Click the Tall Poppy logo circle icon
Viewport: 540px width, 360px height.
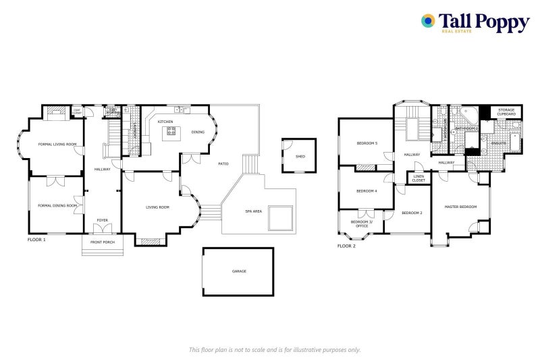(428, 21)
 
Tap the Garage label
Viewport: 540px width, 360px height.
(239, 272)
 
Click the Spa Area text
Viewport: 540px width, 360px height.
(254, 212)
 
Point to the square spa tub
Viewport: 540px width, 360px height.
(280, 217)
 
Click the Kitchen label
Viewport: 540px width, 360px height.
(165, 122)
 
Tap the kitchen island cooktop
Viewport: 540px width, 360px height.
(170, 132)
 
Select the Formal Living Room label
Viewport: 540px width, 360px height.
(57, 144)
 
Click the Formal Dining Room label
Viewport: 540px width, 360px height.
(57, 205)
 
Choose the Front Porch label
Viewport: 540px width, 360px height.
(103, 242)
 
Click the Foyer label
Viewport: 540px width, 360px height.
(102, 220)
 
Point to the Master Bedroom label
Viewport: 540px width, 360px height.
(460, 207)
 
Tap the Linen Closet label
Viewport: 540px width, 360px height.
(418, 178)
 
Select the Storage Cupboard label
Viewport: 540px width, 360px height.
(506, 111)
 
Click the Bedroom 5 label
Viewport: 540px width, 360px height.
(367, 143)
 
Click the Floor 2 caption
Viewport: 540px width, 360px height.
(346, 246)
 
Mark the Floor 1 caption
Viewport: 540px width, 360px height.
(36, 240)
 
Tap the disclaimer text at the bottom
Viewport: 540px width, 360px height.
(274, 349)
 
